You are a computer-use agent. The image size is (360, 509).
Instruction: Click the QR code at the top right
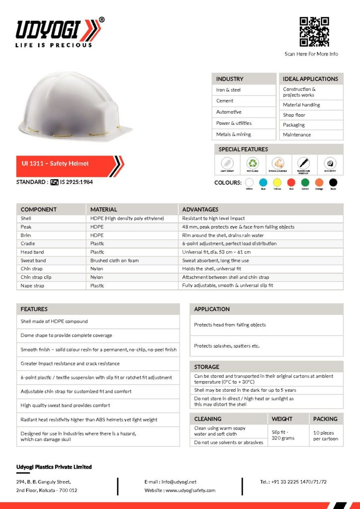[314, 32]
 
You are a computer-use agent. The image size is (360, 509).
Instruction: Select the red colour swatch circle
[291, 183]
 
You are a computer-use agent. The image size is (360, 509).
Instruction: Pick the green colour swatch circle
[305, 183]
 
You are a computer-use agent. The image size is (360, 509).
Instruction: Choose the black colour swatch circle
[333, 183]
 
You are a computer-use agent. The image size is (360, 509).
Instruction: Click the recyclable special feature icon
[253, 163]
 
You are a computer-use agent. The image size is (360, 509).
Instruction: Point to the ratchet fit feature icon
[330, 163]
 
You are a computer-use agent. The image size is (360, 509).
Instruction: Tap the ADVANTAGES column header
[200, 209]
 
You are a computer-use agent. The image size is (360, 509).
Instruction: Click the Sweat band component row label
[33, 260]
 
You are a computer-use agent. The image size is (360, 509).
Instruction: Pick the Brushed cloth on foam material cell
[114, 260]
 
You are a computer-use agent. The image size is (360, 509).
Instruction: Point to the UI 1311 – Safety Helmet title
[54, 164]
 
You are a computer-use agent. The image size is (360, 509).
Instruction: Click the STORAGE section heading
[207, 367]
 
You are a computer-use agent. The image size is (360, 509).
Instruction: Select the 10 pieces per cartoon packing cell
[326, 436]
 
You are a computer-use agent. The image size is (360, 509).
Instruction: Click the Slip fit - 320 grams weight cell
[283, 435]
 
